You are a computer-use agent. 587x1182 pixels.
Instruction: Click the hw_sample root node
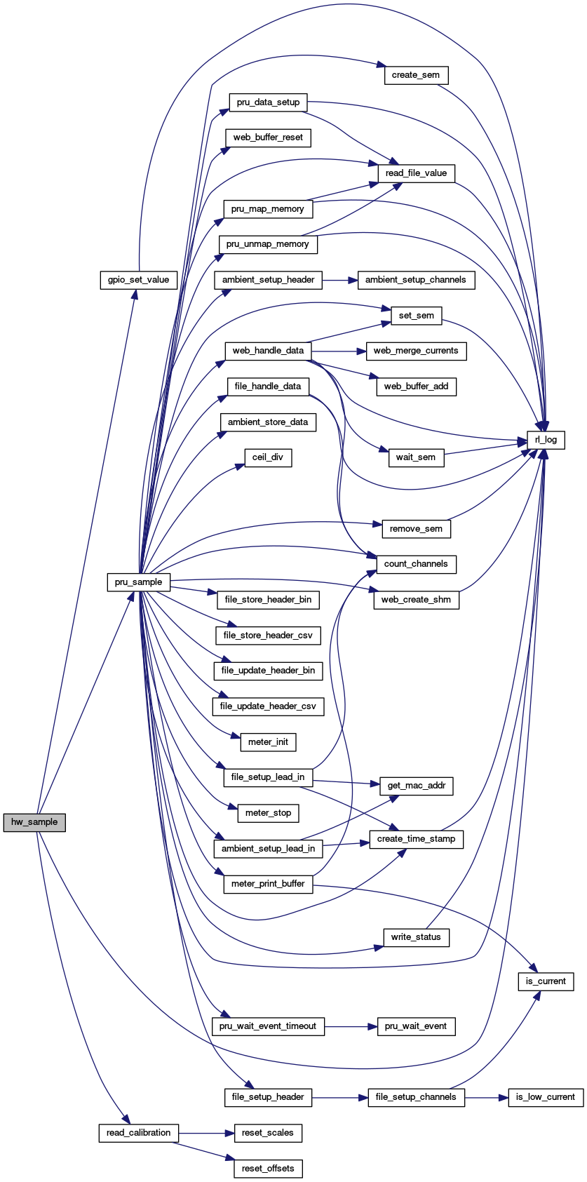point(34,822)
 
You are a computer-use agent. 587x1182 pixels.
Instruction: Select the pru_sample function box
point(139,582)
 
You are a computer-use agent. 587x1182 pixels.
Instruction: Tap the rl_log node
point(546,440)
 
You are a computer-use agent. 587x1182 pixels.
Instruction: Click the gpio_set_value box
point(138,280)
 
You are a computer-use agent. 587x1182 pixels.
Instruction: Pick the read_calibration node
point(138,1133)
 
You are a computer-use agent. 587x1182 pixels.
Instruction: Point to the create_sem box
point(416,75)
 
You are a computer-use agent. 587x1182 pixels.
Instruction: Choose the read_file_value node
point(416,173)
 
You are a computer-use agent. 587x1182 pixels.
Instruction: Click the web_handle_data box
point(268,351)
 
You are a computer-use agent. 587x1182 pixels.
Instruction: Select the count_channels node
point(416,564)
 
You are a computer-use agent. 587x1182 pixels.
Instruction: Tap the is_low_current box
point(546,1097)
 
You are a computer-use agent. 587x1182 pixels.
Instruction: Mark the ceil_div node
point(268,457)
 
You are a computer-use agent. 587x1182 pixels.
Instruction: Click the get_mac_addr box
point(416,786)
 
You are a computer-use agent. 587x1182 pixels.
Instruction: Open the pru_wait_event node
point(416,1026)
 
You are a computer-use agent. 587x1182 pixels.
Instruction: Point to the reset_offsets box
point(268,1169)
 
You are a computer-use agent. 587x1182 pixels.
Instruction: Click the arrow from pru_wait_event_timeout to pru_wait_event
point(351,1026)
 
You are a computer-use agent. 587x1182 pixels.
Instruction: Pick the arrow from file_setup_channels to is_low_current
point(486,1097)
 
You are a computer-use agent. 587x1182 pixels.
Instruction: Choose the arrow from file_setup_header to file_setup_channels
point(339,1097)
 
